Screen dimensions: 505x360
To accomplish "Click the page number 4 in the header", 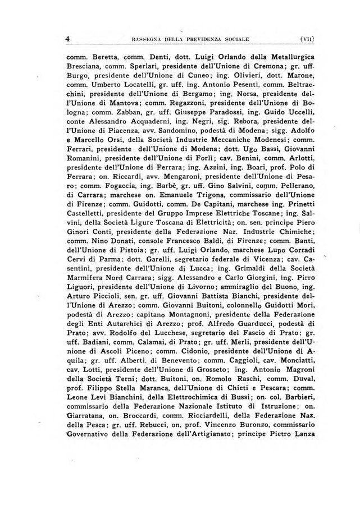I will [67, 39].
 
